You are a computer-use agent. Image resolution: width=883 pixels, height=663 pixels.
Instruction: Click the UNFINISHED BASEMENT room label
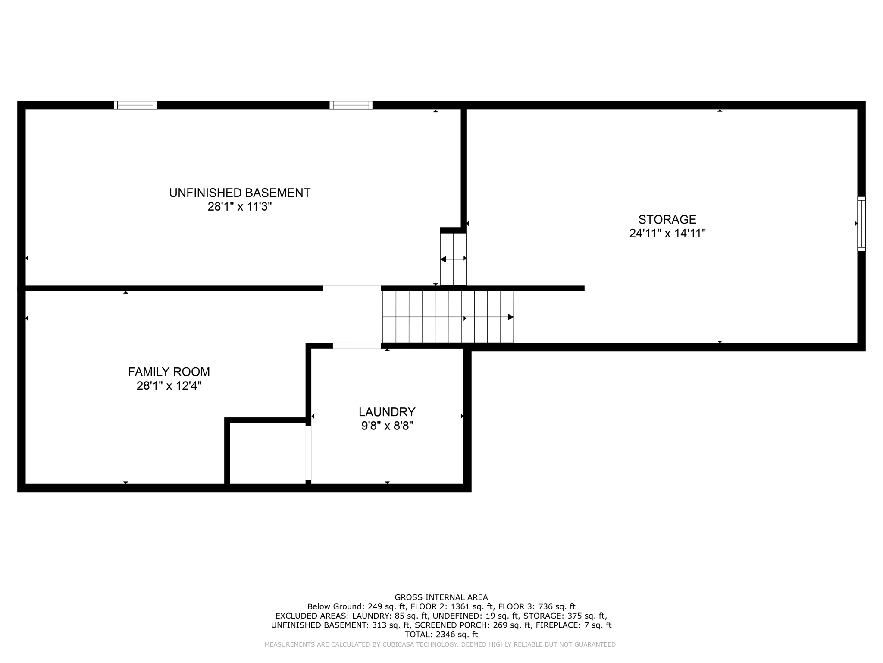[240, 193]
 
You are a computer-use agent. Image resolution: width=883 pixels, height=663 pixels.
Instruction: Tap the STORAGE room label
[667, 219]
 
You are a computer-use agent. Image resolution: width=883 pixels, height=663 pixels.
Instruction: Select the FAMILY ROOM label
[169, 372]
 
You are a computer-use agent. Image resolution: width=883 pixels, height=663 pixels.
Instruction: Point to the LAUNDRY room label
[387, 412]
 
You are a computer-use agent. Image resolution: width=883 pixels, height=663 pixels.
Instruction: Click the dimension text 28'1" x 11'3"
[240, 207]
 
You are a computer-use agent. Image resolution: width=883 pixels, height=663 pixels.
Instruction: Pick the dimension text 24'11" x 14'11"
[667, 234]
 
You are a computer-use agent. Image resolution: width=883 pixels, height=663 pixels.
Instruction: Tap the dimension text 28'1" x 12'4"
[169, 385]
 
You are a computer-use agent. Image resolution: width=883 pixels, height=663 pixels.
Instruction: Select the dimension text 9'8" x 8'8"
[387, 426]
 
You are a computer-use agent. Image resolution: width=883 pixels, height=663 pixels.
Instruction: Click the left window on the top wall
[135, 105]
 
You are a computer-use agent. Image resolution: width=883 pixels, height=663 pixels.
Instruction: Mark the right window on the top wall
[351, 105]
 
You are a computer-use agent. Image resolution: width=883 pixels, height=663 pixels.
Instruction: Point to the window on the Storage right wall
[861, 224]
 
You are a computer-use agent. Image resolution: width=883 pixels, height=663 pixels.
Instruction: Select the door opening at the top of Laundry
[357, 346]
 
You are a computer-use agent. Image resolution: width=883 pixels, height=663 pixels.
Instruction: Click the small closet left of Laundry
[267, 453]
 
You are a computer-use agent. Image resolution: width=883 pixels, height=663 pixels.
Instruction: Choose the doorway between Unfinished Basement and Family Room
[351, 288]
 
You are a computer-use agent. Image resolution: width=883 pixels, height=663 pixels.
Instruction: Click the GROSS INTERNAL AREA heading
[441, 597]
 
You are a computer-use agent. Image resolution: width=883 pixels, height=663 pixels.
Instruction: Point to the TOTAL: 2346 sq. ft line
[441, 635]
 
